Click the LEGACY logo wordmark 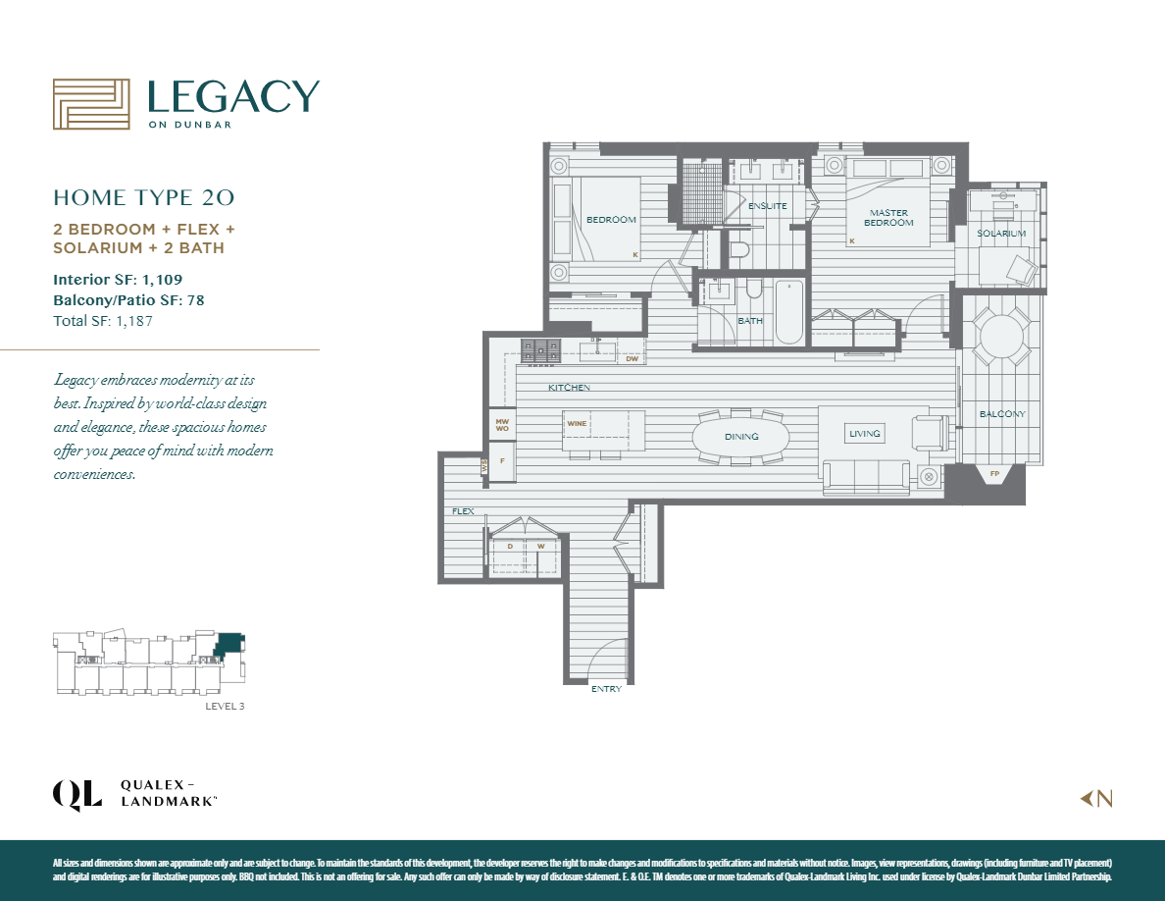tap(232, 97)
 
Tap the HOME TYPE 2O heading tap(143, 197)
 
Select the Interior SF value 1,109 tap(159, 280)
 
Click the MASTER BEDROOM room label tap(888, 217)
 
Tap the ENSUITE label tap(767, 206)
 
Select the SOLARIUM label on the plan tap(1000, 234)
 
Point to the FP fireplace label tap(994, 475)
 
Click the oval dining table tap(740, 436)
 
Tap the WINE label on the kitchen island tap(576, 423)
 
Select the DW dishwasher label tap(632, 359)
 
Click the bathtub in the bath tap(788, 312)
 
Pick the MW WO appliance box tap(502, 424)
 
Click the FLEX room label tap(463, 511)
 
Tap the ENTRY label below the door tap(606, 689)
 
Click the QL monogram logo tap(76, 794)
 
